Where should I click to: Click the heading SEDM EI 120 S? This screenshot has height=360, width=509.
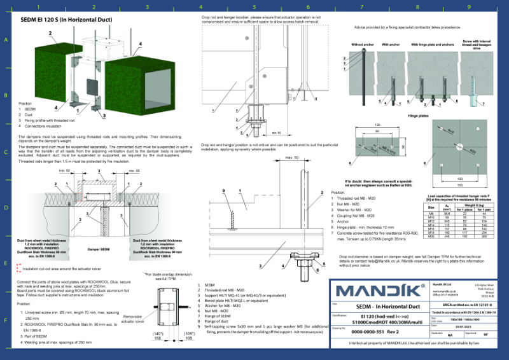[x=66, y=19]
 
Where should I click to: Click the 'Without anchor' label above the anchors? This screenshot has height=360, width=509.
[x=363, y=45]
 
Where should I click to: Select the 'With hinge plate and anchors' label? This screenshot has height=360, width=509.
[x=428, y=45]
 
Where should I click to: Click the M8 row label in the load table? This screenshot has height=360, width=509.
[x=430, y=212]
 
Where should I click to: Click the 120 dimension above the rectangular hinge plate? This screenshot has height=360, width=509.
[x=377, y=125]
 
